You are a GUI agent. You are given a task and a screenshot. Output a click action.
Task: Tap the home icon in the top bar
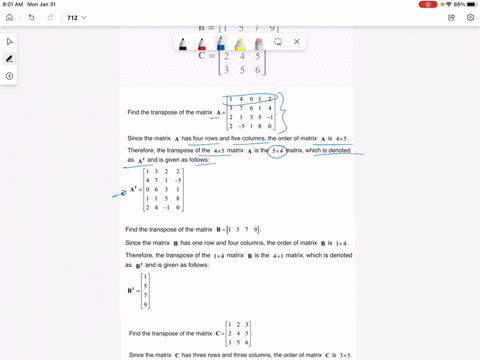pos(10,17)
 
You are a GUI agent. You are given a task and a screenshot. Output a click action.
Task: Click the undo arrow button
pos(32,17)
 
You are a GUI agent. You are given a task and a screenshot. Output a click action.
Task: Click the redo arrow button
pos(51,17)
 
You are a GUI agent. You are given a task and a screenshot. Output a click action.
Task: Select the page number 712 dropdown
pos(76,17)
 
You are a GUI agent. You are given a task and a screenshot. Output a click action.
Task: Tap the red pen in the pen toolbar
pos(201,43)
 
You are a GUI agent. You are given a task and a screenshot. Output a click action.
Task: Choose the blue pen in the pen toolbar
pos(220,43)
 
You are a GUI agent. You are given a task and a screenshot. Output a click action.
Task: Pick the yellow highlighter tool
pos(240,43)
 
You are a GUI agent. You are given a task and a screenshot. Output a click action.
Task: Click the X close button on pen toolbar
pos(297,42)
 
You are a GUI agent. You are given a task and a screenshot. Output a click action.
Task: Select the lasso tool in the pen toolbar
pos(278,42)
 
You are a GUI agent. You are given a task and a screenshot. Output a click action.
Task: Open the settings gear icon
pos(470,17)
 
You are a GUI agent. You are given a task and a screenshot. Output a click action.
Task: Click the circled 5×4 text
pos(281,150)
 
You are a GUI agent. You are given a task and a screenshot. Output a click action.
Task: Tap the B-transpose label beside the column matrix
pos(132,290)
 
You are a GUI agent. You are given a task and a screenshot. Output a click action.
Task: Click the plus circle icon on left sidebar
pos(10,76)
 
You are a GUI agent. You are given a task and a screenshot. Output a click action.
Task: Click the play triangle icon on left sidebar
pos(10,42)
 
